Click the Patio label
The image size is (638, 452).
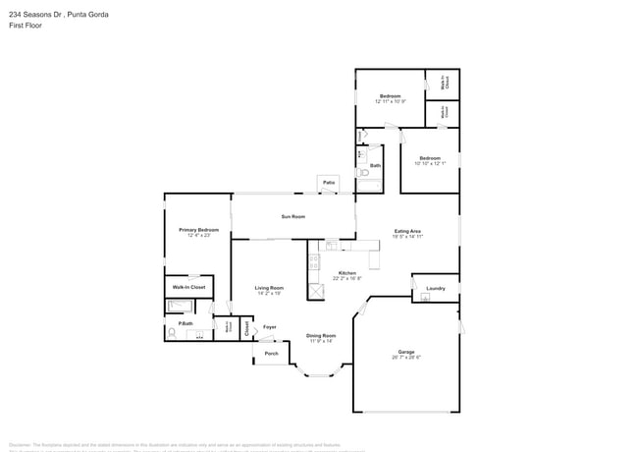point(329,183)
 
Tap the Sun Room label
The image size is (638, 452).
point(292,216)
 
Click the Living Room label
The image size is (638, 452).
point(269,288)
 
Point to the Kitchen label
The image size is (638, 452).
point(347,273)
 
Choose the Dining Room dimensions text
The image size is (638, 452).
point(322,341)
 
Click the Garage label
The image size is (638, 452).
point(406,351)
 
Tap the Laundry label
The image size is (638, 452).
point(435,289)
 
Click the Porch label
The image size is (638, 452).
point(272,353)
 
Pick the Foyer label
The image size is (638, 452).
point(269,327)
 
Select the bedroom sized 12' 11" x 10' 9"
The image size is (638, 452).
point(390,98)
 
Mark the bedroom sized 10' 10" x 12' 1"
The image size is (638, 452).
point(429,160)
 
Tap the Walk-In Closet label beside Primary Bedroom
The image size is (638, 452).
point(188,287)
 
